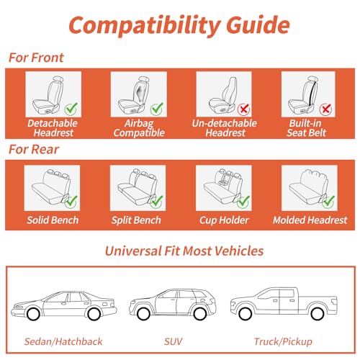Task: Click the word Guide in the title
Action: click(258, 25)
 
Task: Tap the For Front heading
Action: click(36, 58)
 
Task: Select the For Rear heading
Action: click(34, 149)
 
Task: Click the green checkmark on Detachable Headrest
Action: click(71, 109)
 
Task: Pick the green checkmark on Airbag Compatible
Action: click(157, 109)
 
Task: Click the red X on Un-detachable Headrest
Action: click(243, 109)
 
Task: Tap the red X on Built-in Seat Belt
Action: click(325, 109)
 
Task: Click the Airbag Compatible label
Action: click(139, 128)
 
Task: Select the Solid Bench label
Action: click(53, 220)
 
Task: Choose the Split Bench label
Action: click(136, 220)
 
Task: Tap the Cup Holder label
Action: click(224, 220)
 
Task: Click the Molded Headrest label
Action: click(310, 220)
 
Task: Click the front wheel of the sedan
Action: click(33, 314)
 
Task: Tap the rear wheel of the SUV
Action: click(200, 314)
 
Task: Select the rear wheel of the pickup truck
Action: click(318, 313)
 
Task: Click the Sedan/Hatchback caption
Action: click(63, 341)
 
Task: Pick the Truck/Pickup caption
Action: click(283, 341)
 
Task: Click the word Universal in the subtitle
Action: click(133, 251)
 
